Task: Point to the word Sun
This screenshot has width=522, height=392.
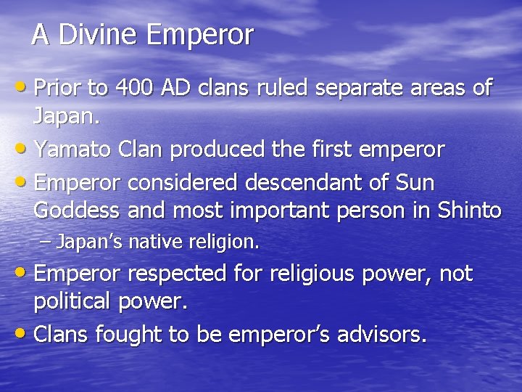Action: coord(414,181)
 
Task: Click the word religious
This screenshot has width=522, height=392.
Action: coord(313,274)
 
